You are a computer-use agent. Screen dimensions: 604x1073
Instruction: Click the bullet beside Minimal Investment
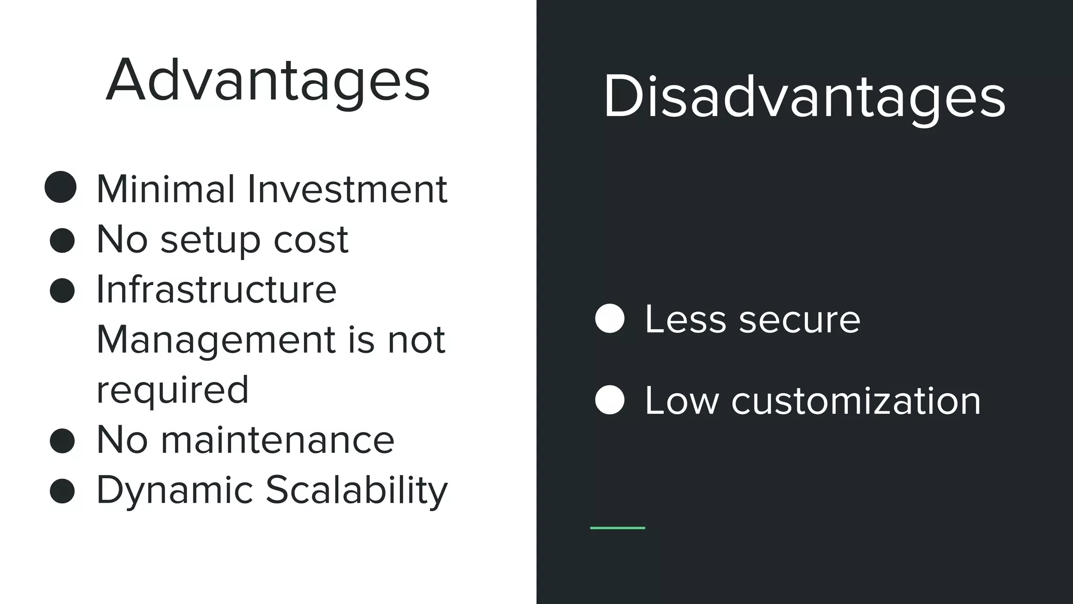[x=61, y=187]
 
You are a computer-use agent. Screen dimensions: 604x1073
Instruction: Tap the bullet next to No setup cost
[x=62, y=241]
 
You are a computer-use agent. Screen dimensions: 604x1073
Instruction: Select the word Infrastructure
[x=216, y=289]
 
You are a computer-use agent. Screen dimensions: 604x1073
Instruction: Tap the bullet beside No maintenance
[x=62, y=441]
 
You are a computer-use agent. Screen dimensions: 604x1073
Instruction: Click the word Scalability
[x=357, y=491]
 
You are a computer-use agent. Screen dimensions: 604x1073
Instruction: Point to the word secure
[x=800, y=319]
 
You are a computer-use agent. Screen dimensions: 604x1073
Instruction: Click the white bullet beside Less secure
[x=610, y=318]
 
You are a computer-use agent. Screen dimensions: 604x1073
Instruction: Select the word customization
[x=856, y=401]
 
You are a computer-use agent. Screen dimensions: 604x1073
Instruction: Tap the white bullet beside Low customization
[x=610, y=400]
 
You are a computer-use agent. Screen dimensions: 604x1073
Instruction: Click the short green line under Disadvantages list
[x=617, y=528]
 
